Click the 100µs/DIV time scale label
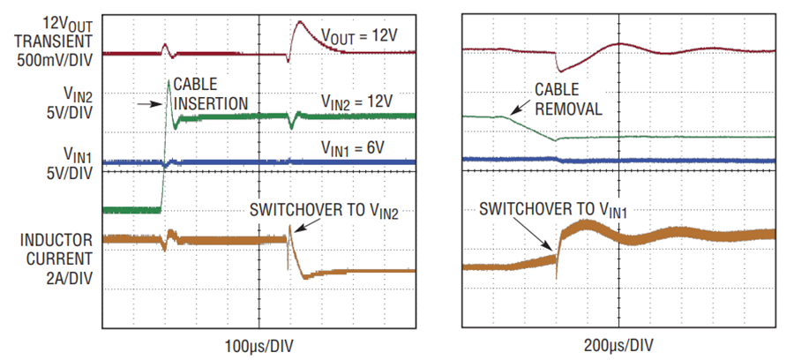click(x=258, y=347)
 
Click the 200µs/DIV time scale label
click(x=618, y=347)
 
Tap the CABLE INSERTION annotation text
click(x=211, y=94)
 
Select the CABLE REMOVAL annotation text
click(x=569, y=100)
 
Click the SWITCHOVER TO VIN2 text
click(x=323, y=211)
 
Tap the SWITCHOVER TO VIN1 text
click(x=554, y=208)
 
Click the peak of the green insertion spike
click(x=169, y=80)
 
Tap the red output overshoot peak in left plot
click(x=300, y=21)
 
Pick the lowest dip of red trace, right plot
click(x=559, y=71)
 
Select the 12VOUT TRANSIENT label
click(x=56, y=31)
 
